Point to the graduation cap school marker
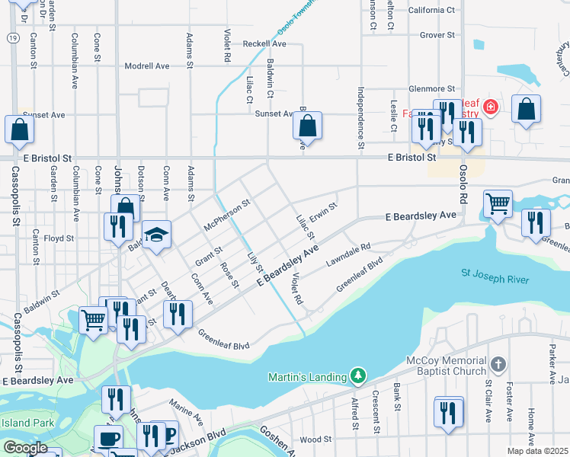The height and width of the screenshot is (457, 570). [156, 235]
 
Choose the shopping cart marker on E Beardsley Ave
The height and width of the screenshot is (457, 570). [498, 204]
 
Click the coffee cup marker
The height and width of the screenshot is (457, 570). [108, 439]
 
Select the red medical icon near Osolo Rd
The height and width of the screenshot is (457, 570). [490, 107]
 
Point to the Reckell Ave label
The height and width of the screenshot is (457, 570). [264, 44]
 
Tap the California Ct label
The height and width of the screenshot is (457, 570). [431, 10]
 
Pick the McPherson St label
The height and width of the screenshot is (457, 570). [227, 216]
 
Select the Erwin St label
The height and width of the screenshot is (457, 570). [323, 210]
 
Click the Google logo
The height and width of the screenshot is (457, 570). [25, 448]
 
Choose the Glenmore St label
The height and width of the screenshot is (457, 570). [431, 89]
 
